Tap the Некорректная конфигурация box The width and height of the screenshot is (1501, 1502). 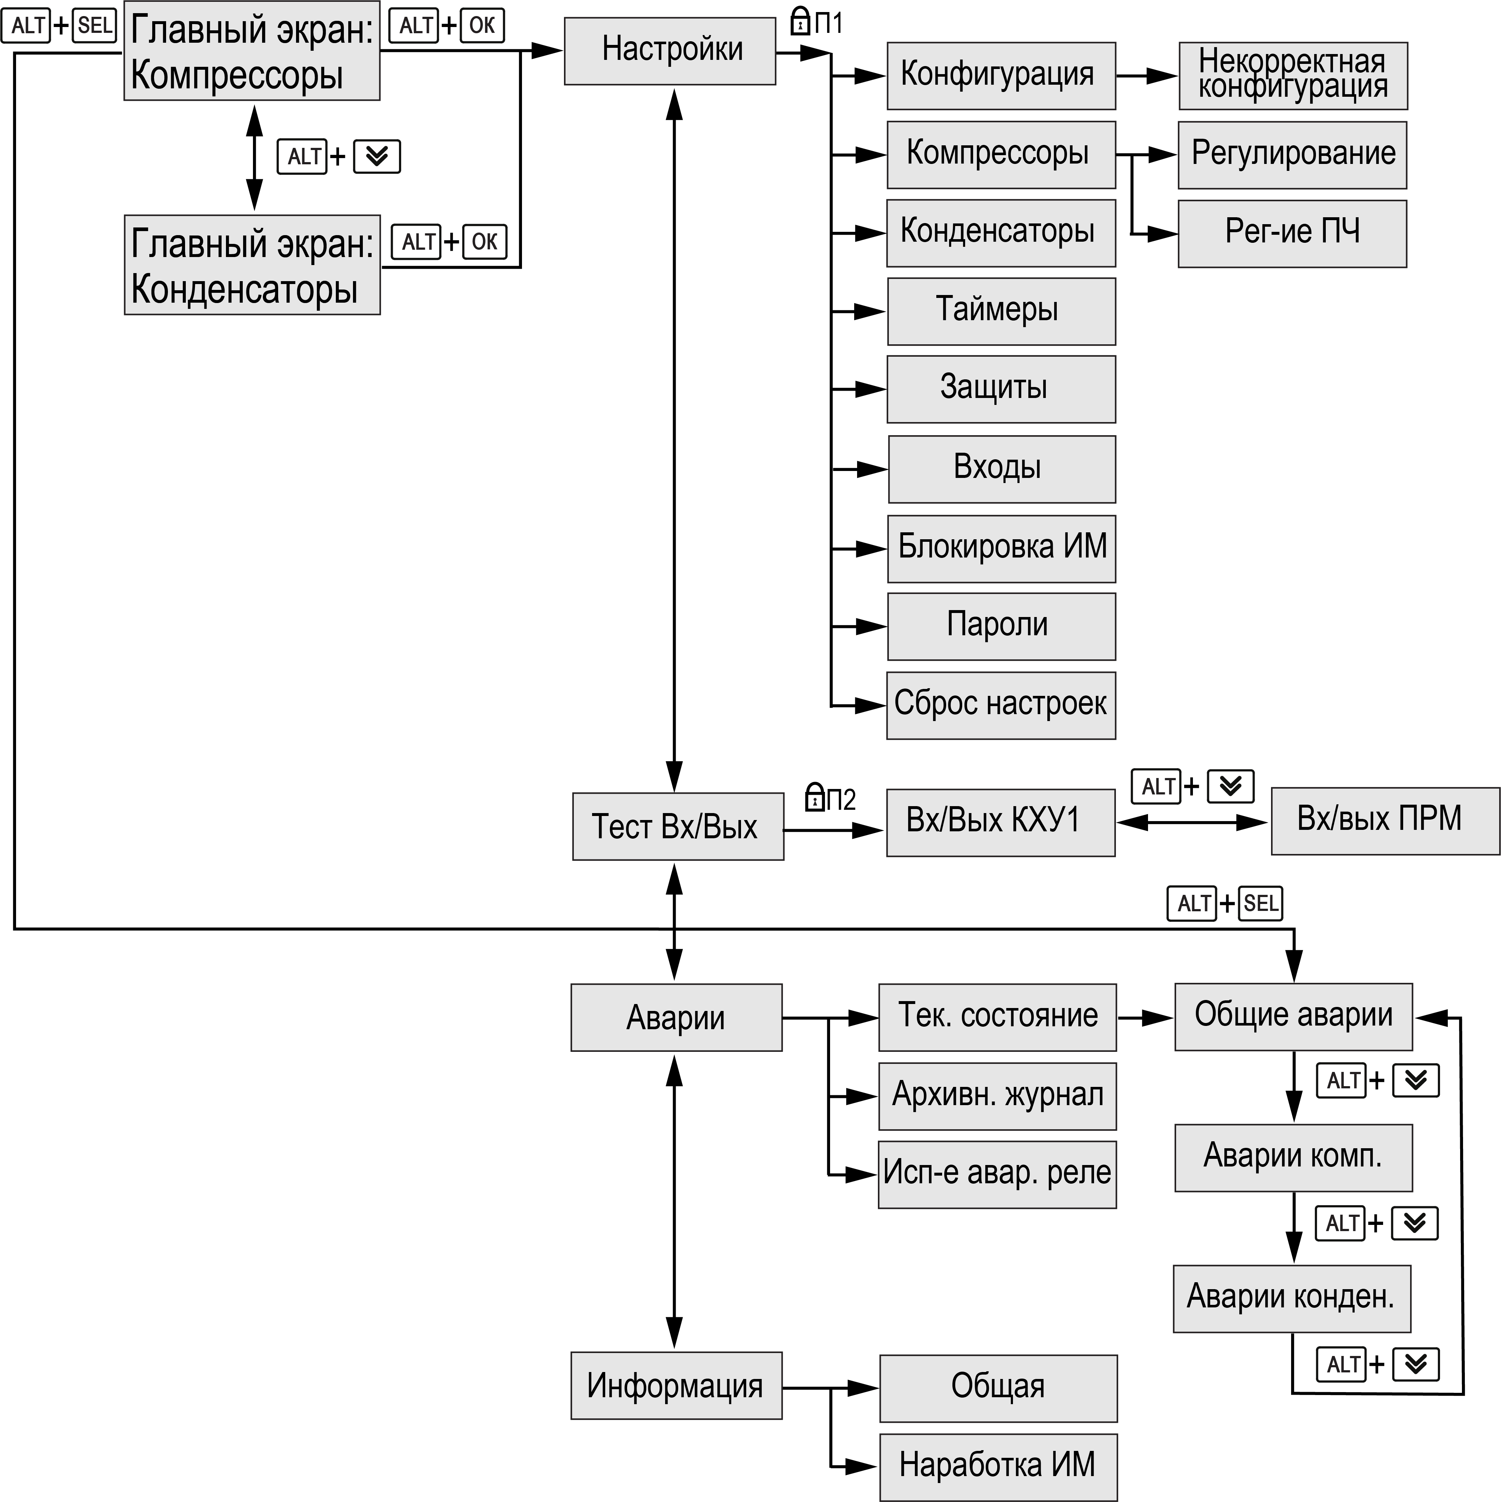point(1293,76)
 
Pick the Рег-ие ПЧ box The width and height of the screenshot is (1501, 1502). point(1292,233)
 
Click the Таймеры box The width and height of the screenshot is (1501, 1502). point(1001,311)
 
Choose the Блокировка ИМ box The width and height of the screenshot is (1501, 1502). point(1001,548)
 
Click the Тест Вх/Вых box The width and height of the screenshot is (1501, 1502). point(678,827)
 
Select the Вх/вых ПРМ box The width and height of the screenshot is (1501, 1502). point(1385,821)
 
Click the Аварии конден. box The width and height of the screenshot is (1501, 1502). point(1291,1298)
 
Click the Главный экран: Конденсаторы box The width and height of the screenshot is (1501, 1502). point(252,265)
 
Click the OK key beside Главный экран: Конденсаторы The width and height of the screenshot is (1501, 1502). point(484,242)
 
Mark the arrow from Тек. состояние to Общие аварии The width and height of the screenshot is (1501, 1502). point(1145,1017)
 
